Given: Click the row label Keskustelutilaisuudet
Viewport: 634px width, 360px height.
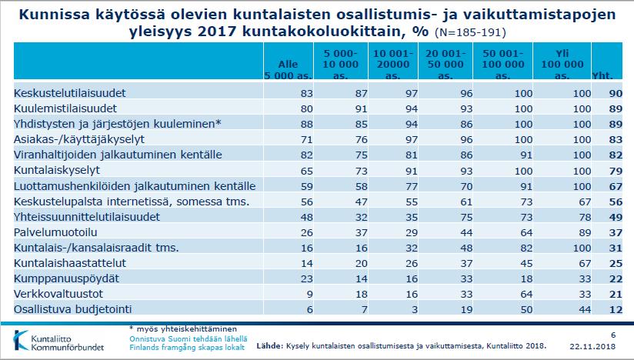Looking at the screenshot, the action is [x=69, y=93].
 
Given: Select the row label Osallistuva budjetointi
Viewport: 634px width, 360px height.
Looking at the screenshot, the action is [x=73, y=309].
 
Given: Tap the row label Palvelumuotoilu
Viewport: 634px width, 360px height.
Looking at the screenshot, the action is [x=55, y=232].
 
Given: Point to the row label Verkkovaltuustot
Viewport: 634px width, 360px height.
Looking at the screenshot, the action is [x=58, y=294].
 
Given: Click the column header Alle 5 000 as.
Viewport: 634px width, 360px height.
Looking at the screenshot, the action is [x=288, y=69].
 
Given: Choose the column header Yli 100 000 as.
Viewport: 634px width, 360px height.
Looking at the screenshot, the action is [x=562, y=65].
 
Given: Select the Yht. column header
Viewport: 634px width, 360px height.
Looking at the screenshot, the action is [x=602, y=75].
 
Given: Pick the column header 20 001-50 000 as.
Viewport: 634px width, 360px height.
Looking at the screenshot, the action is [x=445, y=65].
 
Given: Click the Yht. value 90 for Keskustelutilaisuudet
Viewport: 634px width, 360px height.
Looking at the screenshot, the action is [x=616, y=93].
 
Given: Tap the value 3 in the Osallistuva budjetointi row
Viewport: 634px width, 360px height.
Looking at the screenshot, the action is [x=414, y=309].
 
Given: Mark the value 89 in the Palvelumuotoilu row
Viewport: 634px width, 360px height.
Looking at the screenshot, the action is [x=585, y=233].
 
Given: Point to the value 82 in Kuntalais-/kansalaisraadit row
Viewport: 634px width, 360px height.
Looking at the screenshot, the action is [x=526, y=248].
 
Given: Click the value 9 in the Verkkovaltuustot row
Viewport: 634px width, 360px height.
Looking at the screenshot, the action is [x=309, y=294].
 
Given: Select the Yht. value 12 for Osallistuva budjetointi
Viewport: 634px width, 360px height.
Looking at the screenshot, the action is [x=616, y=309].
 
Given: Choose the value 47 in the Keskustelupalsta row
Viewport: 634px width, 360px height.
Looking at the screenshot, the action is [x=361, y=202].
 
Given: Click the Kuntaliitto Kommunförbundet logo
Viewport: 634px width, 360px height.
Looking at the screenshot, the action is [x=59, y=341].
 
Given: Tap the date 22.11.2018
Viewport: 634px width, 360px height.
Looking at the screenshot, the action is [x=592, y=346].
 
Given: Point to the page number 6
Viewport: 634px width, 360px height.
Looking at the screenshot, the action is [x=613, y=335].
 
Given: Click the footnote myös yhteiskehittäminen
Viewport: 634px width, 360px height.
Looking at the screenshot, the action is [x=183, y=329].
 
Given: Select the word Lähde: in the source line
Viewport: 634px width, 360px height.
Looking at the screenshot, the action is [x=270, y=346].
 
